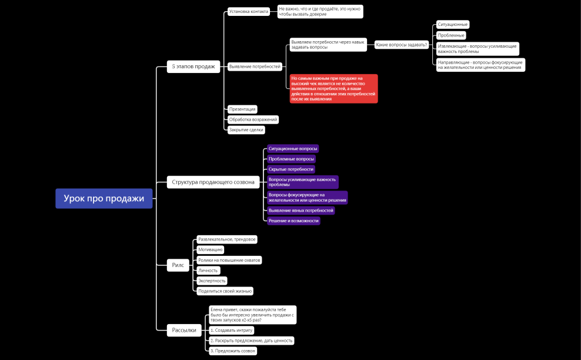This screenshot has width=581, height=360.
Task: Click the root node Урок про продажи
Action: [x=103, y=198]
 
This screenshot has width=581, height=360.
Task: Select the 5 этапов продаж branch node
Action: [x=193, y=66]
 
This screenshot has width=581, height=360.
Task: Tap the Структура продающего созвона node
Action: [x=213, y=182]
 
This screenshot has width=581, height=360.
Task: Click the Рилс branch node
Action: [x=178, y=265]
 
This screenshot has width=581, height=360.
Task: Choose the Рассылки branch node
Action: [x=184, y=330]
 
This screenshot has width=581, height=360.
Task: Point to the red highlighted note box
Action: [x=333, y=89]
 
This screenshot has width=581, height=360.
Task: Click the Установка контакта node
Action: [x=249, y=12]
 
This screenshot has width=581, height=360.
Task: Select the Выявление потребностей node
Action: [x=255, y=66]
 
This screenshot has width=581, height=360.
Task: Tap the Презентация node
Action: [x=242, y=109]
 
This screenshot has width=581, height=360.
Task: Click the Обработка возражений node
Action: [x=253, y=119]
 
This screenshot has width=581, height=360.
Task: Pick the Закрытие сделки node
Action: [x=246, y=130]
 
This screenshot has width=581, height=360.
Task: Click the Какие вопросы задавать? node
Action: [x=402, y=45]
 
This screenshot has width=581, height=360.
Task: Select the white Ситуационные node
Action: [x=453, y=25]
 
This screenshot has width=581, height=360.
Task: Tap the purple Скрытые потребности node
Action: [x=291, y=169]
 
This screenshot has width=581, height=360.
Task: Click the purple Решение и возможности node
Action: [x=293, y=221]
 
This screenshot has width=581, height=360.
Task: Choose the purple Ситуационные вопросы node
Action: [x=293, y=149]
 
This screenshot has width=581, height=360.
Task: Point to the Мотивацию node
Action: [x=210, y=249]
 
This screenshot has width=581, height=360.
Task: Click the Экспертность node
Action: [x=212, y=281]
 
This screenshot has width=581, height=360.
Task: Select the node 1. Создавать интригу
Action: [x=232, y=330]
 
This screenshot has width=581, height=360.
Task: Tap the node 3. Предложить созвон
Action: [x=233, y=351]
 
